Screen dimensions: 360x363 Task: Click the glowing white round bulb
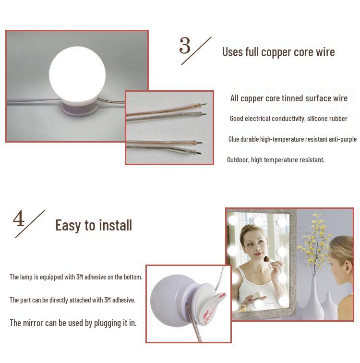tap(77, 74)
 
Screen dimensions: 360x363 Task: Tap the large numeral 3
tap(185, 45)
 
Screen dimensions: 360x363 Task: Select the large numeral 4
tap(19, 218)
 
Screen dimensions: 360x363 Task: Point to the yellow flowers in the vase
tap(315, 241)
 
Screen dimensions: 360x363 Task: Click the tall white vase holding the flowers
tap(313, 299)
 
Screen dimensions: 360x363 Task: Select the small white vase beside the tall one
tap(329, 307)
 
